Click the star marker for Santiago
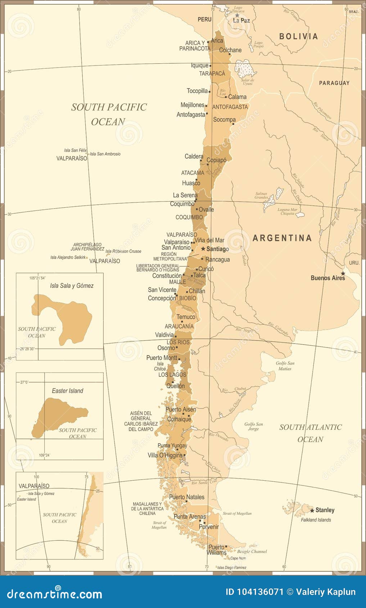coord(203,249)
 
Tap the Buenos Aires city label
coord(327,278)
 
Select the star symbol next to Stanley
coord(312,510)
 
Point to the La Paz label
coord(241,21)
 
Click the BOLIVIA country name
coord(298,36)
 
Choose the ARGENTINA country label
coord(282,238)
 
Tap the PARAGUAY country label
coord(334,83)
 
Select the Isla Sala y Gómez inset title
coord(72,286)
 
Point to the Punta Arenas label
coord(189,517)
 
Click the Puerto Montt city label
coord(162,358)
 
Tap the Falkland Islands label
coord(316,520)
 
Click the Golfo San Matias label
coord(285,366)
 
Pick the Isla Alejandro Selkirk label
coord(68,257)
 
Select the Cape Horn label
coord(238,558)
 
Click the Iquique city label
coord(199,65)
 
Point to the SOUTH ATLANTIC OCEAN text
coord(310,433)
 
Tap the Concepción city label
coord(162,298)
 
